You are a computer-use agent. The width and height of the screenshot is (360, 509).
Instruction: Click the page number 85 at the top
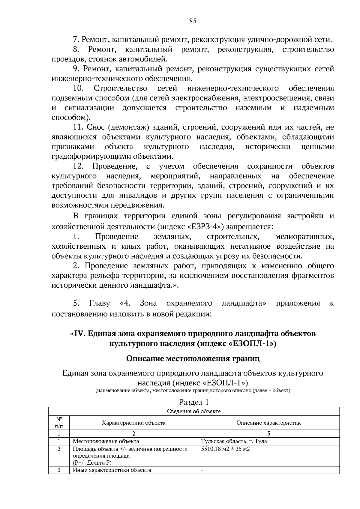click(x=193, y=21)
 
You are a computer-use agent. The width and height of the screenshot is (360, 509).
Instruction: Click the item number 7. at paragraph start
click(x=76, y=40)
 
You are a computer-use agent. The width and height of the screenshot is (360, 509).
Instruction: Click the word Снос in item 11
click(x=95, y=127)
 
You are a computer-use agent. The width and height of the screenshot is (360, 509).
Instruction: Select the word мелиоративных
click(x=304, y=237)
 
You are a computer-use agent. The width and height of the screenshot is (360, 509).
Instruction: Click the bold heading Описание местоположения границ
click(x=193, y=358)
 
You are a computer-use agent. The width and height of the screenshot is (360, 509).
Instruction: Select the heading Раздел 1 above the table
click(x=193, y=402)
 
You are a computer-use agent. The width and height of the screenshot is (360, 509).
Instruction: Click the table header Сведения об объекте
click(x=193, y=411)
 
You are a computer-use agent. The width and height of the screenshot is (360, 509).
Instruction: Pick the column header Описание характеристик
click(x=268, y=423)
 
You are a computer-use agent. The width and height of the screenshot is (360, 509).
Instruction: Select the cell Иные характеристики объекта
click(x=112, y=470)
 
